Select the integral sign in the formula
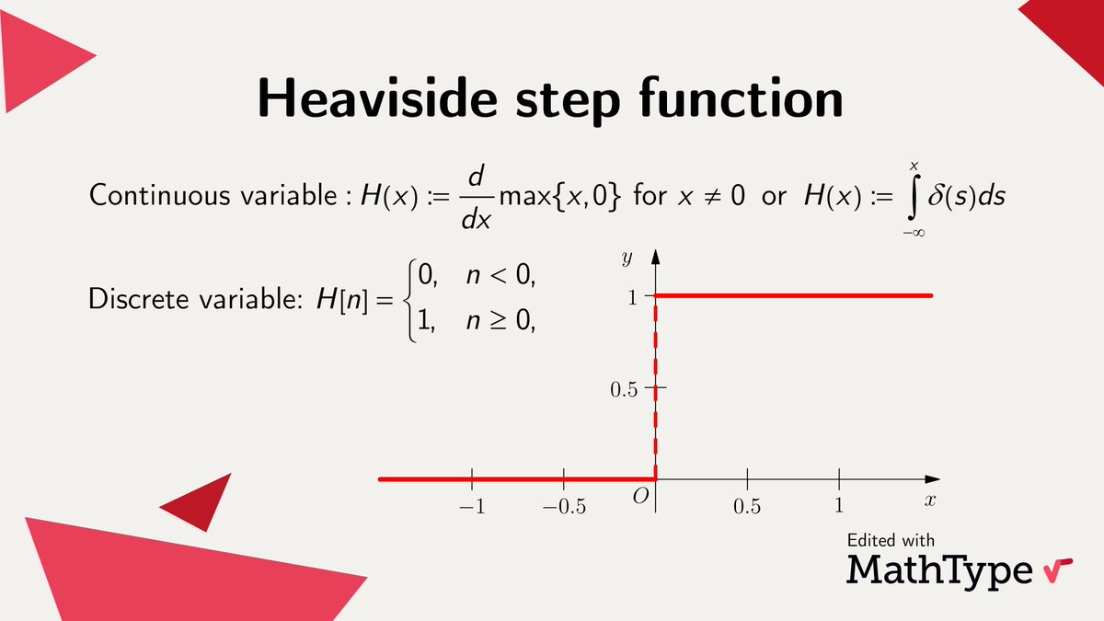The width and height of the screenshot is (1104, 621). (914, 197)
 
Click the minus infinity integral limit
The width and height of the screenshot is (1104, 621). (914, 233)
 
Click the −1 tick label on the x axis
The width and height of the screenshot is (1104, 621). (472, 506)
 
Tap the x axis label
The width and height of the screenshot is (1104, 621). (930, 500)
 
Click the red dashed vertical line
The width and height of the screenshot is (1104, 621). (655, 386)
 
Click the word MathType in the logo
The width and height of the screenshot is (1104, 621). (939, 569)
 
